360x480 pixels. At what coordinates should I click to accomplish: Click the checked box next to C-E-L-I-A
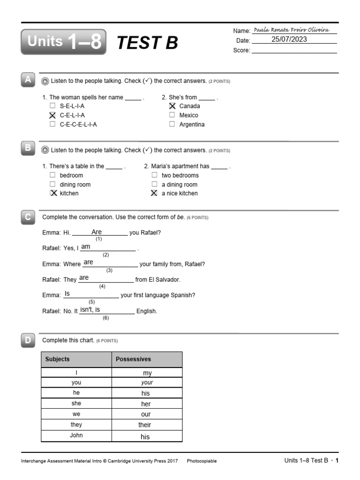point(52,115)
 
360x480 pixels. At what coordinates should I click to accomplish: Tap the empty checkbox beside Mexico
point(172,115)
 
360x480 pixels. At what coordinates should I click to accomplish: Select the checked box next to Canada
point(172,106)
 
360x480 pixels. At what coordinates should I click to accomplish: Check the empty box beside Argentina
point(172,124)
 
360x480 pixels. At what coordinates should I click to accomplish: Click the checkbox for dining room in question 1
point(52,184)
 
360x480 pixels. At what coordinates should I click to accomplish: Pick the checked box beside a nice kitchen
point(154,193)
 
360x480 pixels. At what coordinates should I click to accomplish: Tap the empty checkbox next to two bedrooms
point(154,175)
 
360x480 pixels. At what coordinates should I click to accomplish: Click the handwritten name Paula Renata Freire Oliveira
point(294,30)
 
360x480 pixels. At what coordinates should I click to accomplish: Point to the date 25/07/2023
point(289,39)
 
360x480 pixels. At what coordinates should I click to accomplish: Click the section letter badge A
point(28,80)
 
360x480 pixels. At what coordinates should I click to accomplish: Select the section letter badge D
point(28,340)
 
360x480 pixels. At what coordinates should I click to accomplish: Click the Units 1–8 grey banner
point(63,42)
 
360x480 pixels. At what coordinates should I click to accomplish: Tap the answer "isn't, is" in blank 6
point(90,310)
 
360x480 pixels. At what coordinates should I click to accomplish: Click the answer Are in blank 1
point(97,232)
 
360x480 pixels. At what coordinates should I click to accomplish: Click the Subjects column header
point(57,359)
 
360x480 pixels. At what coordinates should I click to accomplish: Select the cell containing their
point(145,425)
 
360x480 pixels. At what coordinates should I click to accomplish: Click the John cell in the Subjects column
point(76,435)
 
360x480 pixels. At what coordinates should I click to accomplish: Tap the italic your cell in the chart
point(147,382)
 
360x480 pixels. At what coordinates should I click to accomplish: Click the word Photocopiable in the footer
point(202,461)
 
